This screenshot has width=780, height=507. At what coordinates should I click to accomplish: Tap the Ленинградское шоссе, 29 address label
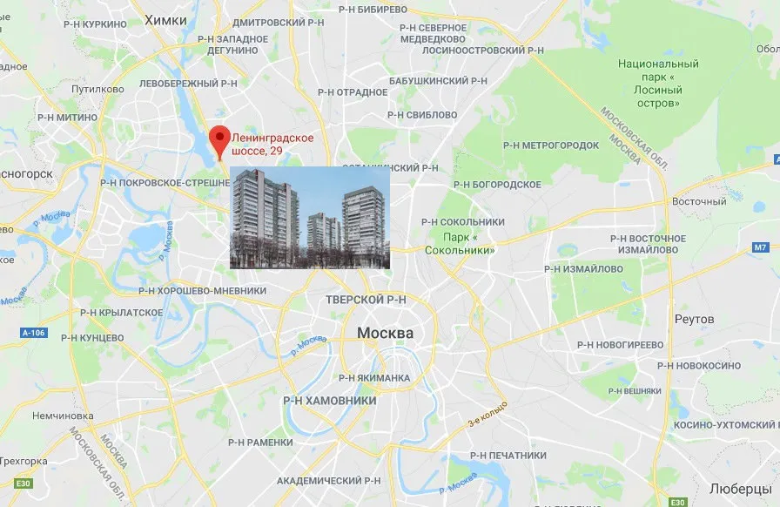pyautogui.click(x=272, y=145)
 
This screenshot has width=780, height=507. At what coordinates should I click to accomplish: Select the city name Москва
pyautogui.click(x=385, y=335)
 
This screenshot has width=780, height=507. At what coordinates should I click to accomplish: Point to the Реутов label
pyautogui.click(x=694, y=319)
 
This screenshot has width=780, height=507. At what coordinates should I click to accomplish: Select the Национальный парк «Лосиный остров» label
pyautogui.click(x=658, y=84)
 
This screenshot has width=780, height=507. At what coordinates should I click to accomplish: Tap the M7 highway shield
pyautogui.click(x=761, y=248)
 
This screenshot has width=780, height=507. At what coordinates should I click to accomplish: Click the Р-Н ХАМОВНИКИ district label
pyautogui.click(x=330, y=401)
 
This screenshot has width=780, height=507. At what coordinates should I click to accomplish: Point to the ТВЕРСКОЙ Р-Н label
pyautogui.click(x=366, y=300)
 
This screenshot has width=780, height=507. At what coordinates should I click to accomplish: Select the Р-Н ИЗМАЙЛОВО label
pyautogui.click(x=583, y=269)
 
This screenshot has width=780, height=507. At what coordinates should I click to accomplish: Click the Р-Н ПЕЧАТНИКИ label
pyautogui.click(x=508, y=456)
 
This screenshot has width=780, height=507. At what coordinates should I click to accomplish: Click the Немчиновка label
pyautogui.click(x=62, y=416)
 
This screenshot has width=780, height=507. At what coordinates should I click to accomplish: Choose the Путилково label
pyautogui.click(x=97, y=88)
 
